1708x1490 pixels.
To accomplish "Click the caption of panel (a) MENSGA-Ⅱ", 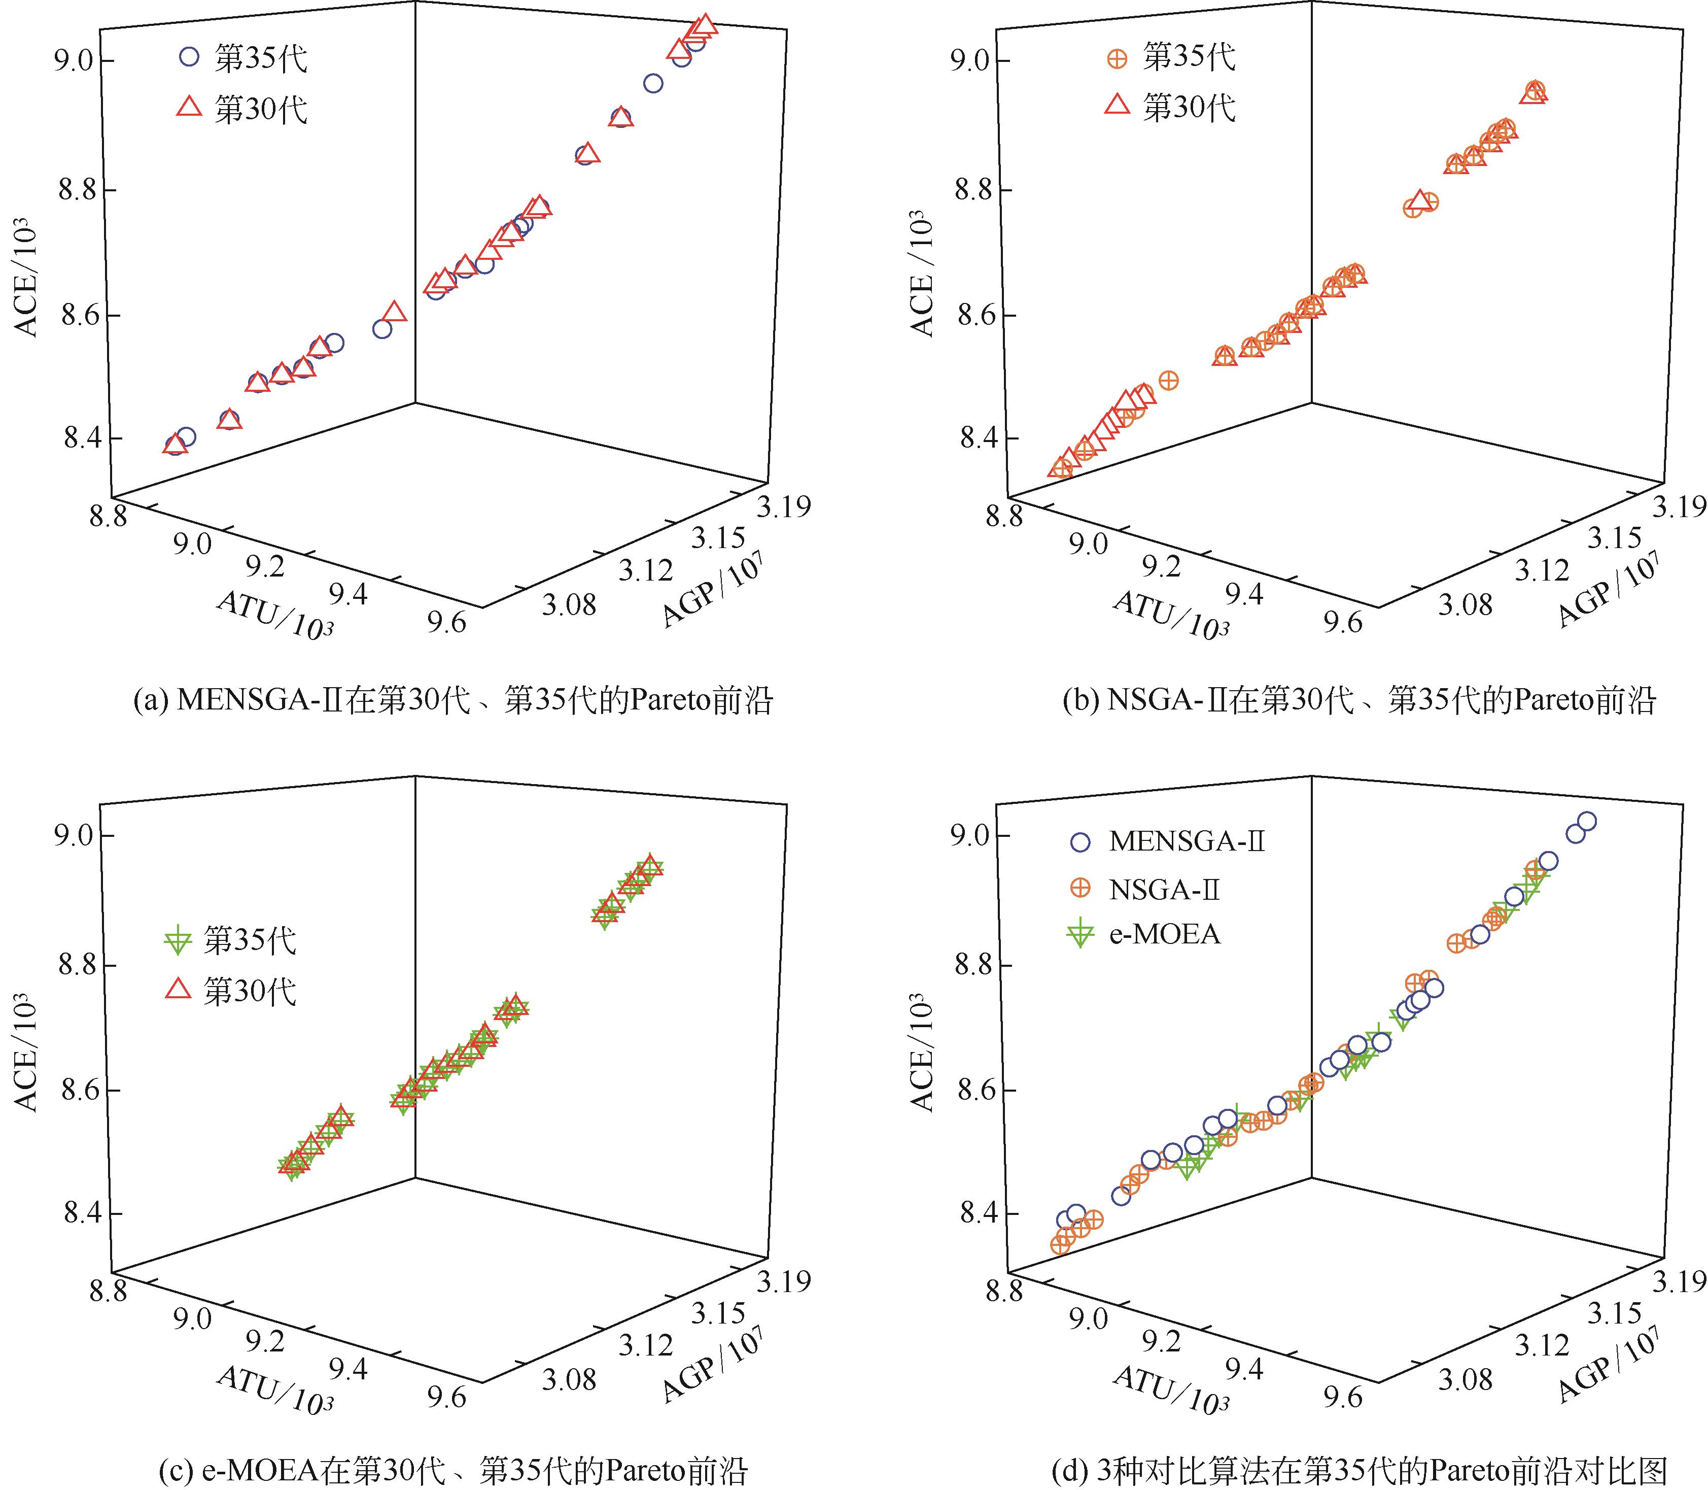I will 453,701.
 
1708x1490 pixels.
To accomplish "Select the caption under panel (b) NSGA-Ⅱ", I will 1359,701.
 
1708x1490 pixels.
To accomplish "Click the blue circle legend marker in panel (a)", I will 190,57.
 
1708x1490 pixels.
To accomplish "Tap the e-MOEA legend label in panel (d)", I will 1164,935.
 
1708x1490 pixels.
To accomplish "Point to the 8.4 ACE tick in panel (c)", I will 77,1213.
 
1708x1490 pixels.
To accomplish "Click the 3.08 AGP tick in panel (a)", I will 569,604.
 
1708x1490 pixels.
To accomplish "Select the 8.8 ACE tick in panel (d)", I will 974,966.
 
